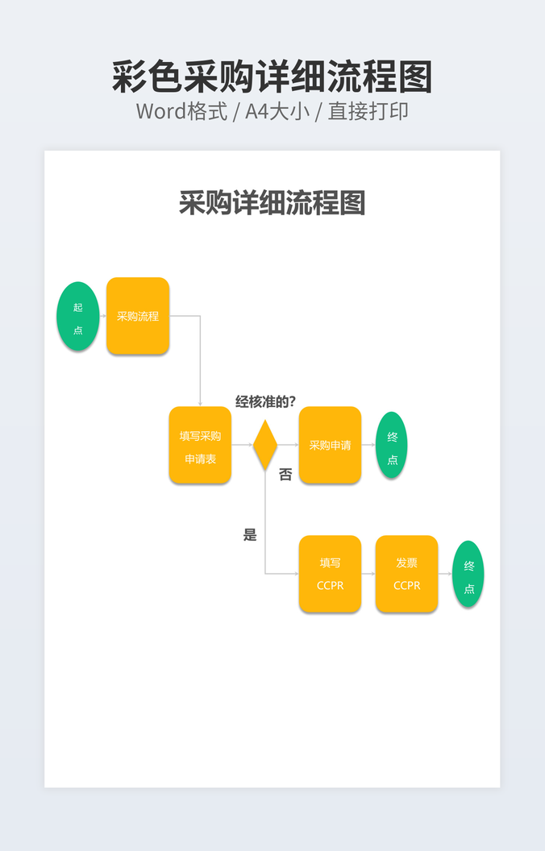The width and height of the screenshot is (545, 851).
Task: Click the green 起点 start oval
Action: [78, 317]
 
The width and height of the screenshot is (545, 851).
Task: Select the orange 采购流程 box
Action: [138, 316]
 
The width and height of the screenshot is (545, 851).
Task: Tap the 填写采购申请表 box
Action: [200, 445]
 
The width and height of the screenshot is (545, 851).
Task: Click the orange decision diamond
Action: [265, 444]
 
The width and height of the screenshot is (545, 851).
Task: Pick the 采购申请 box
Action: [330, 445]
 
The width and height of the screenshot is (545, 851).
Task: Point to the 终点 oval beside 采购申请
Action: [392, 445]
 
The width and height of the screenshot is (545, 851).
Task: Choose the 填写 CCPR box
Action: [330, 574]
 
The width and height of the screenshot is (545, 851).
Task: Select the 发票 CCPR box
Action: [406, 574]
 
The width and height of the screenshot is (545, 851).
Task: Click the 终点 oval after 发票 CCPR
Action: [468, 574]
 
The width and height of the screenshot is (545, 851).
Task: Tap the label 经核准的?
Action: [265, 401]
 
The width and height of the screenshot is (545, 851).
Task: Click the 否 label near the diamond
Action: [285, 475]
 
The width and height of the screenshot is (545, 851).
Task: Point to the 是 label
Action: [250, 534]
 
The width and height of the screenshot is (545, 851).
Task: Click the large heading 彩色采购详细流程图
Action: [272, 77]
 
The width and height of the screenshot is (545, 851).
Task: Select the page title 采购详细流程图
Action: [272, 203]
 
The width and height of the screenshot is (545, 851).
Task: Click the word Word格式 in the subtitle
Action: [181, 111]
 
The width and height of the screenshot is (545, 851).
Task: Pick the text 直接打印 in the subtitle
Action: [368, 111]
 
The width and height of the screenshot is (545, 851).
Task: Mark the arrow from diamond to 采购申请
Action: [288, 445]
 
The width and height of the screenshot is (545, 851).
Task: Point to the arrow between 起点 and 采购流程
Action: [103, 316]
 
